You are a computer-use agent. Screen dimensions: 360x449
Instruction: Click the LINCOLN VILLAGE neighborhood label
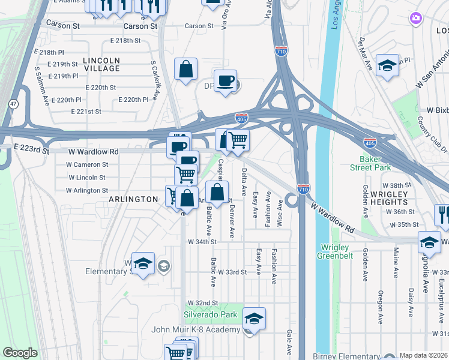pos(101,65)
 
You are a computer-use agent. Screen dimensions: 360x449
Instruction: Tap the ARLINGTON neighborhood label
pos(133,199)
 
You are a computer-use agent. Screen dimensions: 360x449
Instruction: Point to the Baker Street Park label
pos(375,164)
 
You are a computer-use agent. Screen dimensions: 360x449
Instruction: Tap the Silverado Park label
pos(211,314)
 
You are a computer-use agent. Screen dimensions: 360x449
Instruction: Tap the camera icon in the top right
pos(415,19)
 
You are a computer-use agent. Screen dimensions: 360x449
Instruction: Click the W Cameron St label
pos(87,164)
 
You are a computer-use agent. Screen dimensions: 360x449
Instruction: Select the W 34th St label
pos(201,242)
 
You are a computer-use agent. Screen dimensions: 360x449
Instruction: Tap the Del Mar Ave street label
pos(366,55)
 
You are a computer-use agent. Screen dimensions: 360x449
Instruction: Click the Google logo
pos(20,352)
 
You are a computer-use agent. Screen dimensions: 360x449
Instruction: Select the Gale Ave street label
pos(289,342)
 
